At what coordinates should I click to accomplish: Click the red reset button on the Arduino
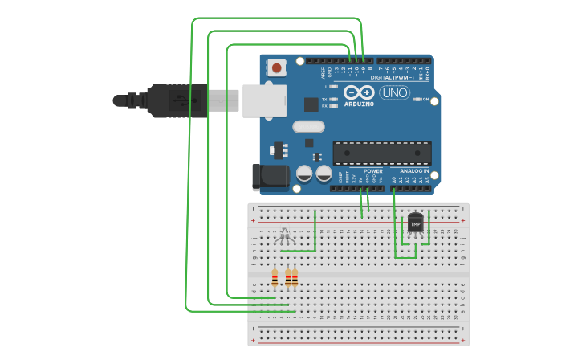click(277, 67)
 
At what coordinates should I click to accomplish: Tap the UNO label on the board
click(395, 92)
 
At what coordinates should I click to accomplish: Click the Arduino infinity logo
click(359, 92)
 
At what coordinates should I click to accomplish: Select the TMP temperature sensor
click(415, 223)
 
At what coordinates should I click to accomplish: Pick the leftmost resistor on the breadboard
click(275, 278)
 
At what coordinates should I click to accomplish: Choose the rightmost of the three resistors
click(295, 278)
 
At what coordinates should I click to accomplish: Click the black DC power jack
click(269, 178)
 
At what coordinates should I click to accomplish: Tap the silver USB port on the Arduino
click(264, 100)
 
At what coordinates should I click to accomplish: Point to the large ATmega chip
click(382, 153)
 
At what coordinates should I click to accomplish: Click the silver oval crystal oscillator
click(308, 126)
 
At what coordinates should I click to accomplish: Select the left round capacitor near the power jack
click(305, 173)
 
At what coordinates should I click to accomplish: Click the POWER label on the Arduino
click(373, 171)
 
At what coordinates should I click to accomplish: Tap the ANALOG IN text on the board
click(415, 171)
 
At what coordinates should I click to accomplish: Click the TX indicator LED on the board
click(332, 100)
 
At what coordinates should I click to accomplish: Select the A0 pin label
click(394, 180)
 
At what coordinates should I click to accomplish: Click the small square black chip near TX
click(311, 104)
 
